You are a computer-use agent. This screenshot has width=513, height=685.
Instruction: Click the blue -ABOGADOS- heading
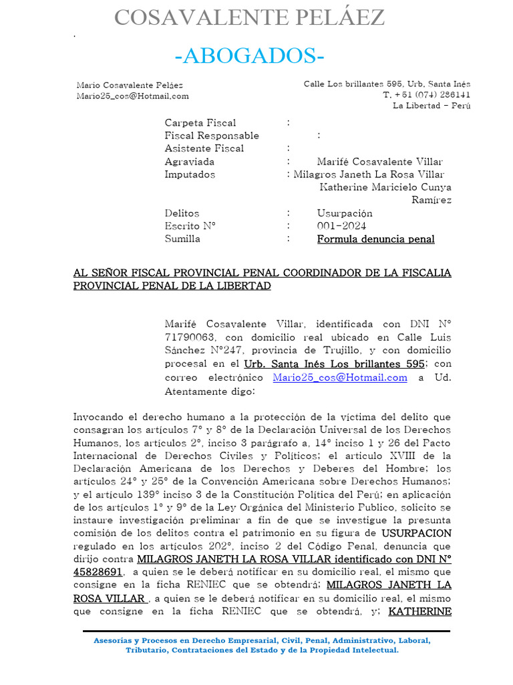249,57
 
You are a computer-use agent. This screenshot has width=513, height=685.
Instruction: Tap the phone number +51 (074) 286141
427,95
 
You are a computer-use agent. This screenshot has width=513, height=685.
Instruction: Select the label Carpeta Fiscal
200,122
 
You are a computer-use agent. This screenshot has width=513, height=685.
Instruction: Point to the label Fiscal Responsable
212,135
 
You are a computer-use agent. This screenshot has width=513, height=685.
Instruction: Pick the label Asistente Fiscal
204,149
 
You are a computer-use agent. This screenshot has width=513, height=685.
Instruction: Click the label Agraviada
190,161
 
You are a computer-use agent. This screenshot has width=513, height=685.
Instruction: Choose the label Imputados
190,174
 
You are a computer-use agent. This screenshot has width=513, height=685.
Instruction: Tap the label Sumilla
182,239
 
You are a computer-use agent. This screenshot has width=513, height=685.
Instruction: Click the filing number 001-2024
341,226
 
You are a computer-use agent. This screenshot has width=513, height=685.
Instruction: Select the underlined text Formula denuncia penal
375,239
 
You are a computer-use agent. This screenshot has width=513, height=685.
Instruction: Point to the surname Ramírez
431,200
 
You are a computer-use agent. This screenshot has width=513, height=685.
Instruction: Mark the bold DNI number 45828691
98,572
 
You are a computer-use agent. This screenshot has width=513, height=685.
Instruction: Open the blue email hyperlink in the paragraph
340,377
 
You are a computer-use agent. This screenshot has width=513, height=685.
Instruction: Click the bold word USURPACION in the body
416,533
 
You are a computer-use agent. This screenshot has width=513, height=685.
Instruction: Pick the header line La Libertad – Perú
432,106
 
